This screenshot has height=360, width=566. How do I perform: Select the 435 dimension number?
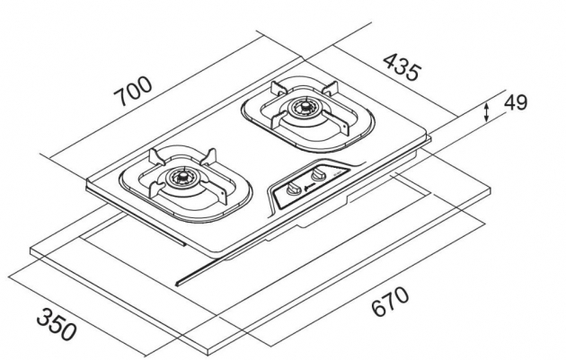[401, 68]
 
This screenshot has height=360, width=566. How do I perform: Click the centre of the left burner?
[180, 180]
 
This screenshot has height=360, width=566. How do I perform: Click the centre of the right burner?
[302, 113]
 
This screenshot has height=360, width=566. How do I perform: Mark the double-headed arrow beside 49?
[486, 112]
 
